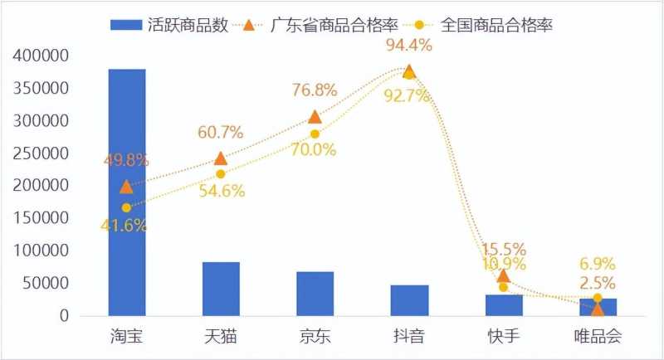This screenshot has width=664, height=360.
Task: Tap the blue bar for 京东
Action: (315, 294)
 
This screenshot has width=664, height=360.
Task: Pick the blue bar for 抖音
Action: (409, 300)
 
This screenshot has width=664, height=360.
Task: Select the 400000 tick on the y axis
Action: (41, 56)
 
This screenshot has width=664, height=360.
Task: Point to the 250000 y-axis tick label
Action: (41, 153)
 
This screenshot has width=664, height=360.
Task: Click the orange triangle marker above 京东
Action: (315, 117)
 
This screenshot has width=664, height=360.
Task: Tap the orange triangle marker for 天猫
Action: (221, 158)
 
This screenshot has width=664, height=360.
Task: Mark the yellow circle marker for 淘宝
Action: (126, 207)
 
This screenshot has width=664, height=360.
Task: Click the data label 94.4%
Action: (408, 45)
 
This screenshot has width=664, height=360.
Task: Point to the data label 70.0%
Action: (313, 150)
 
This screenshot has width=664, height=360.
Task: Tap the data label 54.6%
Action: (222, 191)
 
